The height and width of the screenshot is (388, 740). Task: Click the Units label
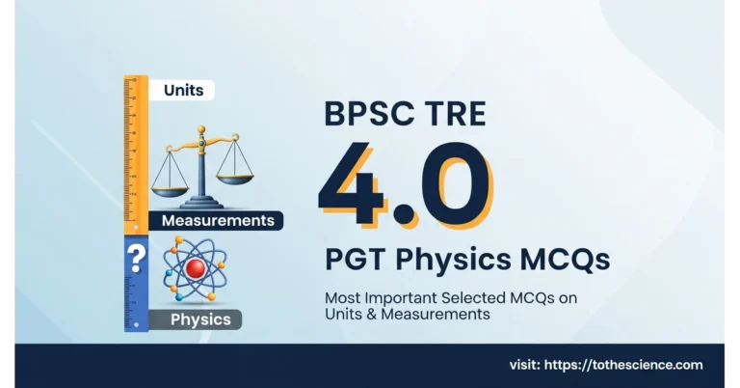point(182,90)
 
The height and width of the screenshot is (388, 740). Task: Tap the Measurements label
point(217,221)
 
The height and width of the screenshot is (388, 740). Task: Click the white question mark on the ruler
point(136,258)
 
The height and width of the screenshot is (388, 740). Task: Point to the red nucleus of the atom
point(197,268)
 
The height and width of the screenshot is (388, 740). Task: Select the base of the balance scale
point(203,203)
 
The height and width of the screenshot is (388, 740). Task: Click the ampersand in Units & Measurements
point(367,315)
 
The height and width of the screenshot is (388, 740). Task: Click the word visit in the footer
point(526,365)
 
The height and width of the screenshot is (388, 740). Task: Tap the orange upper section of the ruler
point(135,154)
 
